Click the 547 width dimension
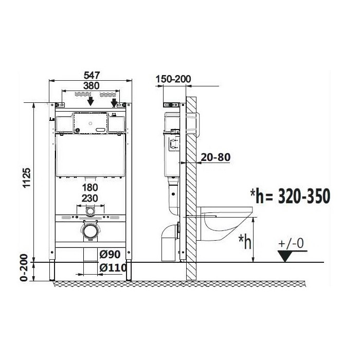[x=92, y=75]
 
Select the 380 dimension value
[x=92, y=86]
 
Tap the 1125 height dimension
[x=27, y=178]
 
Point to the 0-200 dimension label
[x=24, y=267]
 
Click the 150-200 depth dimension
[x=173, y=79]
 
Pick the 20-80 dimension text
[x=215, y=157]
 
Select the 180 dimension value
[x=90, y=187]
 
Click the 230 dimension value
[x=90, y=198]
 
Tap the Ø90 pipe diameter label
[x=110, y=254]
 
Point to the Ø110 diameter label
[x=113, y=267]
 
